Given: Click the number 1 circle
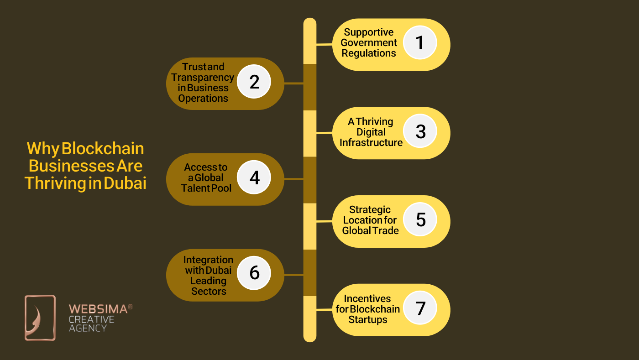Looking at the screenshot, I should point(420,42).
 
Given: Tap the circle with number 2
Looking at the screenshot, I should point(254,82).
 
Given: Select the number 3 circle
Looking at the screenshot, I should point(420,131).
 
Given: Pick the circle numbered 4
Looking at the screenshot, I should point(254,177).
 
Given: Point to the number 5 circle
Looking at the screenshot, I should point(420,219).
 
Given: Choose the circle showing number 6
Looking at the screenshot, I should point(254,272).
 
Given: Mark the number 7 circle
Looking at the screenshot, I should point(420,308).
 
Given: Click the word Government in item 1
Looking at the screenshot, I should point(369,42).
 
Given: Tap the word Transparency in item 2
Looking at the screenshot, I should point(203,77).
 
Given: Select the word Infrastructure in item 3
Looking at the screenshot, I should point(371,142).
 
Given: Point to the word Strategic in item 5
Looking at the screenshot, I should point(370,209).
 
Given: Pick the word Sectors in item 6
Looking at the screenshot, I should point(209,291).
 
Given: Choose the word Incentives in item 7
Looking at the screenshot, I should point(367,298).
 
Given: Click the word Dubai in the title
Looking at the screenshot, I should point(125,183).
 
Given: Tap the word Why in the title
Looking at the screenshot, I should point(42,149).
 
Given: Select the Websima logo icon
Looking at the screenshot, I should point(40,318).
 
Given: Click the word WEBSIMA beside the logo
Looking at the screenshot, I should point(98,309).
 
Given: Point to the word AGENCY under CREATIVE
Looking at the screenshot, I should point(88,328).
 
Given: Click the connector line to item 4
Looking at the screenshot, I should point(294,179).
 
